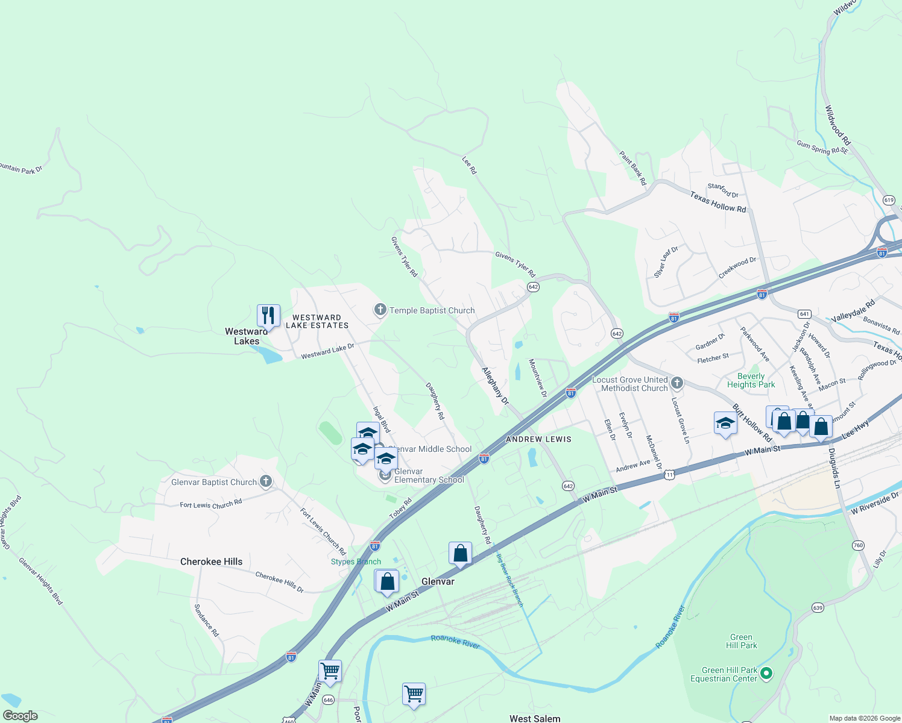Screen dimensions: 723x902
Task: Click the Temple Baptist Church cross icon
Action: click(x=380, y=310)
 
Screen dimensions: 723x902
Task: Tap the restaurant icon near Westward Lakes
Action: click(x=268, y=315)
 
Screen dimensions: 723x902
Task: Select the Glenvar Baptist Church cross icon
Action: click(x=265, y=481)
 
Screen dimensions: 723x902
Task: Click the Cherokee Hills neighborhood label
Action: click(x=211, y=562)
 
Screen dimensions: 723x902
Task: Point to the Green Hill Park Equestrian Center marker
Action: click(x=766, y=673)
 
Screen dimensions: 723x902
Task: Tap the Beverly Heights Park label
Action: click(x=751, y=380)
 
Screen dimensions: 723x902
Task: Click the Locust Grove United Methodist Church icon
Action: click(x=677, y=383)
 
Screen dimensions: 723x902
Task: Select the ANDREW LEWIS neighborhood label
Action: click(x=538, y=439)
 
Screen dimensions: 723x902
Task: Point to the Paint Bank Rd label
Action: click(x=632, y=168)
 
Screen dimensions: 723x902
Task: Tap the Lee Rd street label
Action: click(x=469, y=166)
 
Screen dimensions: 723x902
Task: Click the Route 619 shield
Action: click(x=889, y=200)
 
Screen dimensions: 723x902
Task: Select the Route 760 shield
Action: click(x=858, y=545)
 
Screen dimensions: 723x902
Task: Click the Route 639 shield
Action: click(x=817, y=607)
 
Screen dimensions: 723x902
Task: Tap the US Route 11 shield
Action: click(x=669, y=475)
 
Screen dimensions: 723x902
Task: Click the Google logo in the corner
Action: click(x=20, y=716)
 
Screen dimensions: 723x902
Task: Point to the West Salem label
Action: click(x=534, y=718)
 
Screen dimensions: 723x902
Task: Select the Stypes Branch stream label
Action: click(x=356, y=562)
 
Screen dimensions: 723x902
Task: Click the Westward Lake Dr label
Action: click(x=327, y=351)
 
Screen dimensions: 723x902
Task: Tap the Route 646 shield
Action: click(x=328, y=700)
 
